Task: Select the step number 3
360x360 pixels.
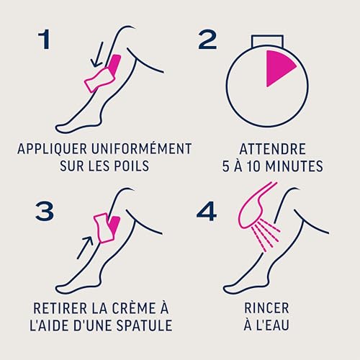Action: coord(45,210)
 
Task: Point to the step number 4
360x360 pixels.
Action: coord(207,210)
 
